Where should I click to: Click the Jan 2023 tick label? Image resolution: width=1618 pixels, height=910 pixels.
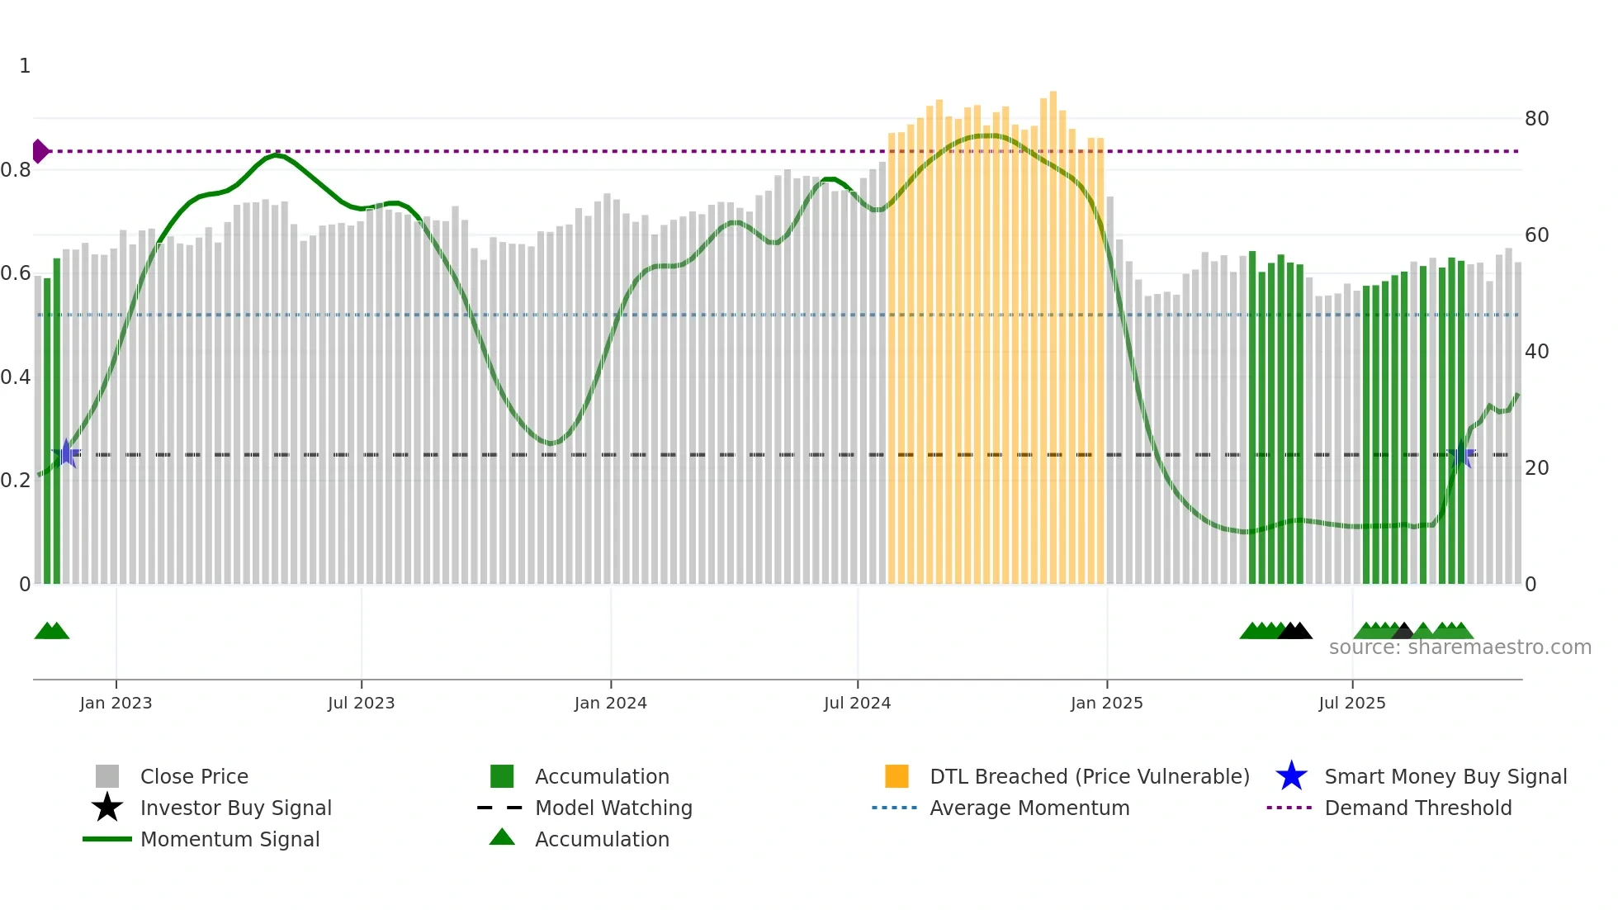(116, 703)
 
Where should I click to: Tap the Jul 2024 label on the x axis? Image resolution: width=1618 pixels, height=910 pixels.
(857, 703)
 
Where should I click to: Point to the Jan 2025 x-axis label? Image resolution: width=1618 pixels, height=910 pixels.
(1106, 703)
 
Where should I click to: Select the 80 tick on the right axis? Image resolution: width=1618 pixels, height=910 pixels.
(1536, 119)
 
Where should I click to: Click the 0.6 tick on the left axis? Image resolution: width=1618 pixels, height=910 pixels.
(16, 273)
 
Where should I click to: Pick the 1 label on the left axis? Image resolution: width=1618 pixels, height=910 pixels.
(25, 66)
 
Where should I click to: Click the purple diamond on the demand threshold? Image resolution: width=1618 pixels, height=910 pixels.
(40, 151)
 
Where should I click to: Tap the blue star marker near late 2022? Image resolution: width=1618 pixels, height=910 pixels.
(66, 454)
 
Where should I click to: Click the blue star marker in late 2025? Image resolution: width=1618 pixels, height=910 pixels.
(1461, 454)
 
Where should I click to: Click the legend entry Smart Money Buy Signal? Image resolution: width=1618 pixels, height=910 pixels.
(1445, 776)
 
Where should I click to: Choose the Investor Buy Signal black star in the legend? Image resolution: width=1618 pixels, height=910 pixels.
(107, 808)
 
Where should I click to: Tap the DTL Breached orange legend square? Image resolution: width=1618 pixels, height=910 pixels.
(897, 776)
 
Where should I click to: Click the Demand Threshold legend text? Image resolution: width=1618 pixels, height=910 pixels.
(1417, 808)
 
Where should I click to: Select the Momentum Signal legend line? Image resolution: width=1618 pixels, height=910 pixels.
(107, 839)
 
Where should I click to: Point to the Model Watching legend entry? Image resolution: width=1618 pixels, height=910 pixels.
(613, 808)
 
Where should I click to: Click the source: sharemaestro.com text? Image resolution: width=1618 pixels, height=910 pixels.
(1460, 647)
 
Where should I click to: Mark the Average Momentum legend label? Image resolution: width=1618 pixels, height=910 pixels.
(1029, 808)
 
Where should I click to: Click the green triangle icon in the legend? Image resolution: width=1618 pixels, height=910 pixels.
(502, 837)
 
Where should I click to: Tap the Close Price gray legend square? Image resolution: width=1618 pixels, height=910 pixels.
(107, 776)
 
